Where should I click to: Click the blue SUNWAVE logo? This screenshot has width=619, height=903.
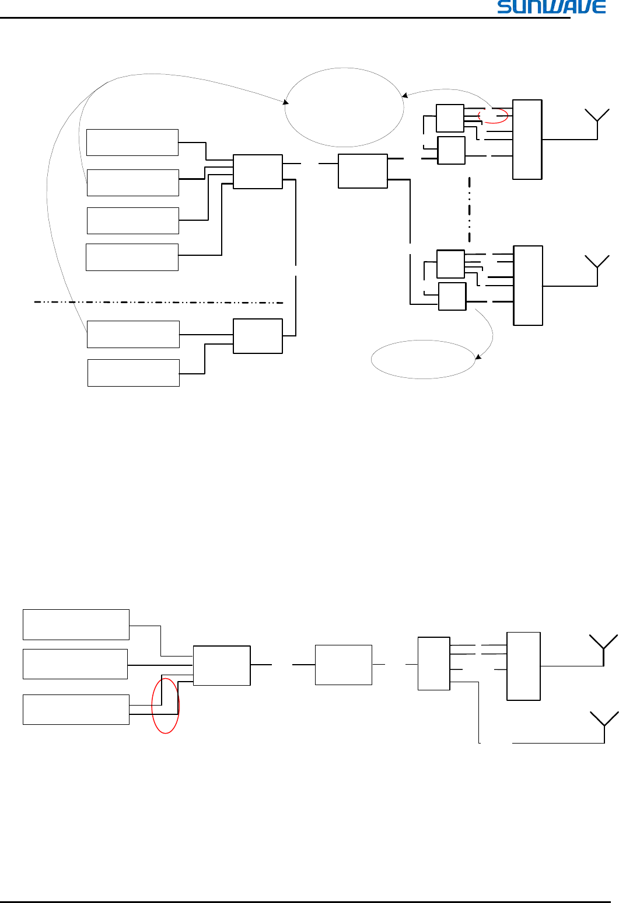[551, 7]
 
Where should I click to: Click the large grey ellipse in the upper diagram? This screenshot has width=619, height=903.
[344, 107]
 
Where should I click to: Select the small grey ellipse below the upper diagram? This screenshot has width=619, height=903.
[423, 359]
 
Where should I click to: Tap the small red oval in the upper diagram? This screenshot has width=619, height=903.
[493, 116]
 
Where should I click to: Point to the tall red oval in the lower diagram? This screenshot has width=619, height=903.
[165, 706]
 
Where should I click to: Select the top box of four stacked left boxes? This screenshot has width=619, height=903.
[132, 143]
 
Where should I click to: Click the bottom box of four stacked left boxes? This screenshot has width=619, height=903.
[132, 257]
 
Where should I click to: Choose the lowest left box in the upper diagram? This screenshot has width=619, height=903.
[133, 373]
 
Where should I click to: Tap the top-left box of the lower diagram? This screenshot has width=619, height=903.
[76, 624]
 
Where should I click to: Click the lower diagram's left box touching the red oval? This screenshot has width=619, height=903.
[76, 710]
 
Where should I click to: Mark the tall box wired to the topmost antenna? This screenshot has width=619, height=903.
[527, 140]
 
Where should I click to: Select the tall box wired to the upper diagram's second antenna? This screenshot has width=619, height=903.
[528, 286]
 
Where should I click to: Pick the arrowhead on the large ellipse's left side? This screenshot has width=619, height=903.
[286, 103]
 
